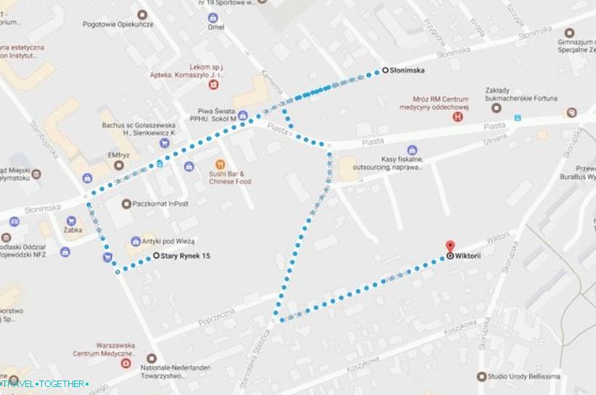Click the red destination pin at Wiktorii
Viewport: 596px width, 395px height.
click(x=449, y=247)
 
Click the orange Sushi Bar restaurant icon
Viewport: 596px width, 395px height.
click(x=221, y=164)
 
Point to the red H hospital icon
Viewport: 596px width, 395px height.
click(x=458, y=116)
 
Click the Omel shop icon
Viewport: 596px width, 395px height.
click(x=212, y=17)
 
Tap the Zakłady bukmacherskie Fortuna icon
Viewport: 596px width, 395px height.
click(x=497, y=107)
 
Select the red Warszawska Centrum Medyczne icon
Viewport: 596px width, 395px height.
click(x=127, y=362)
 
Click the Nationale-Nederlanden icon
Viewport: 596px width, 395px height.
click(x=152, y=358)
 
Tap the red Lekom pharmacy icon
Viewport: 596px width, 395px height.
click(x=213, y=84)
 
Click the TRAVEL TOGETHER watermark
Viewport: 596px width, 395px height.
click(x=45, y=383)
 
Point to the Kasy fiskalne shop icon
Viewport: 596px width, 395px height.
click(x=412, y=150)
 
